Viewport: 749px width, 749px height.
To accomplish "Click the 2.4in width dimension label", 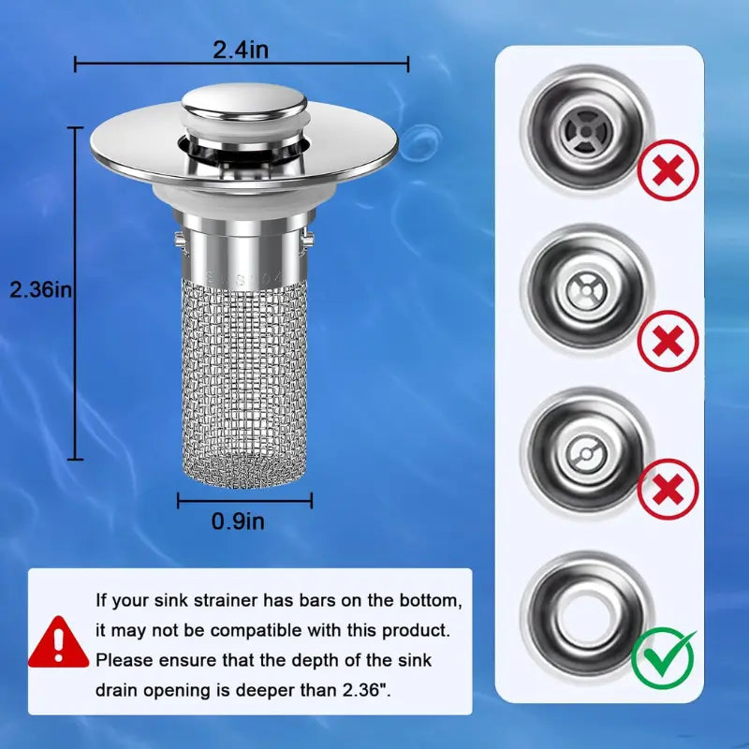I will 241,50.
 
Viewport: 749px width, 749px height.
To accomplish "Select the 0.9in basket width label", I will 238,521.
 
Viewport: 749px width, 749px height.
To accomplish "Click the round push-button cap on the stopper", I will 243,105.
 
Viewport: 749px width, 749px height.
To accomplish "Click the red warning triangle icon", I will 58,642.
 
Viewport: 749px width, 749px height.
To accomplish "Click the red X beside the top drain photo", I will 668,170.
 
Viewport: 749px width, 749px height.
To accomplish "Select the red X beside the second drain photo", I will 668,341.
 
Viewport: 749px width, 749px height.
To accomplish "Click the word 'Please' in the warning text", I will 124,660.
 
